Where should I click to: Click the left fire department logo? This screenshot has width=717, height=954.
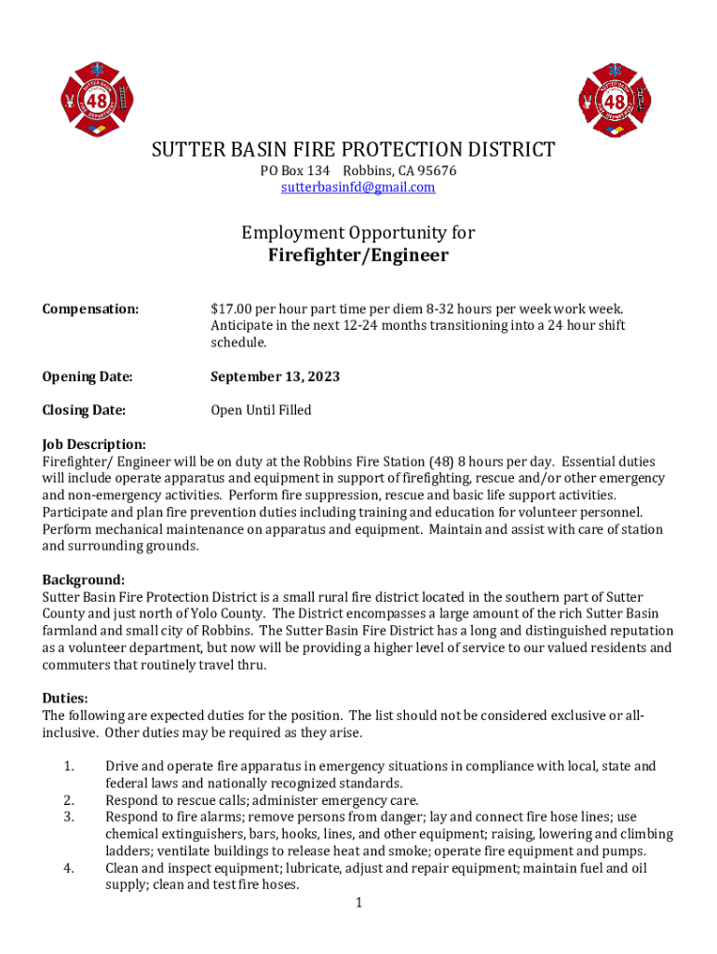(x=97, y=100)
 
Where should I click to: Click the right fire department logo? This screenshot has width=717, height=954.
(x=614, y=100)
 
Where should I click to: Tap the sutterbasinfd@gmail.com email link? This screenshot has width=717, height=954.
(x=358, y=187)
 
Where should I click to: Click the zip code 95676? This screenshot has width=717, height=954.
(x=436, y=171)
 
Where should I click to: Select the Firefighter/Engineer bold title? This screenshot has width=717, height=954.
(x=358, y=255)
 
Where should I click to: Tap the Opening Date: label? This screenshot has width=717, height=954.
(x=87, y=376)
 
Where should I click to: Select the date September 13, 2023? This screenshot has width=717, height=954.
(x=275, y=376)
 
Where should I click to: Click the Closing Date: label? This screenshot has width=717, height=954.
(x=84, y=410)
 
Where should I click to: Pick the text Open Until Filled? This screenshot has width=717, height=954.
(x=261, y=410)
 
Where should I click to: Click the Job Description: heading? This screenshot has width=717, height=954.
(x=93, y=444)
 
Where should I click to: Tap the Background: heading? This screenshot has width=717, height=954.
(x=83, y=579)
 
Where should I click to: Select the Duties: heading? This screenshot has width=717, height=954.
(x=65, y=698)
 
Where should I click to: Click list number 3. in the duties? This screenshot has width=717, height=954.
(x=68, y=817)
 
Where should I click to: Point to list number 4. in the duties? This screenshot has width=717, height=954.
(x=68, y=868)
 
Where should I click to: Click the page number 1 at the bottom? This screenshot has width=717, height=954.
(x=358, y=902)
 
